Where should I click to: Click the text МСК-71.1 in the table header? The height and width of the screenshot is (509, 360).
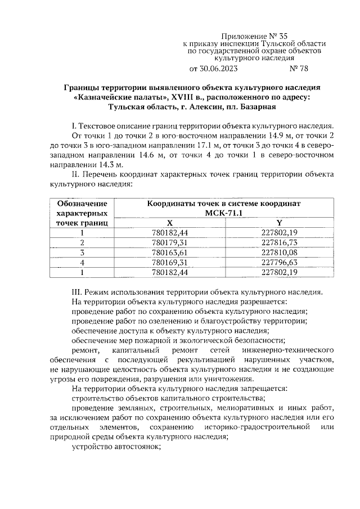[x=224, y=213]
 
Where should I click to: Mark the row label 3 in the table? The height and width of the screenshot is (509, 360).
[x=82, y=252]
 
